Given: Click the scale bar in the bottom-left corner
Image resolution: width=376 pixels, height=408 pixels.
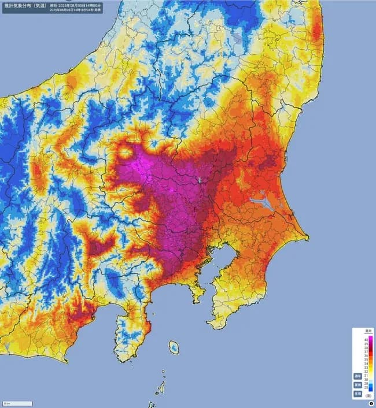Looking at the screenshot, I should point(17,402).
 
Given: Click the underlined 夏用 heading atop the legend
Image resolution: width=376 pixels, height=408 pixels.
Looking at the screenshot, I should point(367,331).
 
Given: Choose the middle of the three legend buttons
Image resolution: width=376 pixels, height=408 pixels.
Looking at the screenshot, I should point(358,384).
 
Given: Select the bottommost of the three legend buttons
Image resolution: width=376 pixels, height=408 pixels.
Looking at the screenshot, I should point(358,393).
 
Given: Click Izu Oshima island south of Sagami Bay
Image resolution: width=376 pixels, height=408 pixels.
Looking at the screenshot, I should point(174,347).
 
